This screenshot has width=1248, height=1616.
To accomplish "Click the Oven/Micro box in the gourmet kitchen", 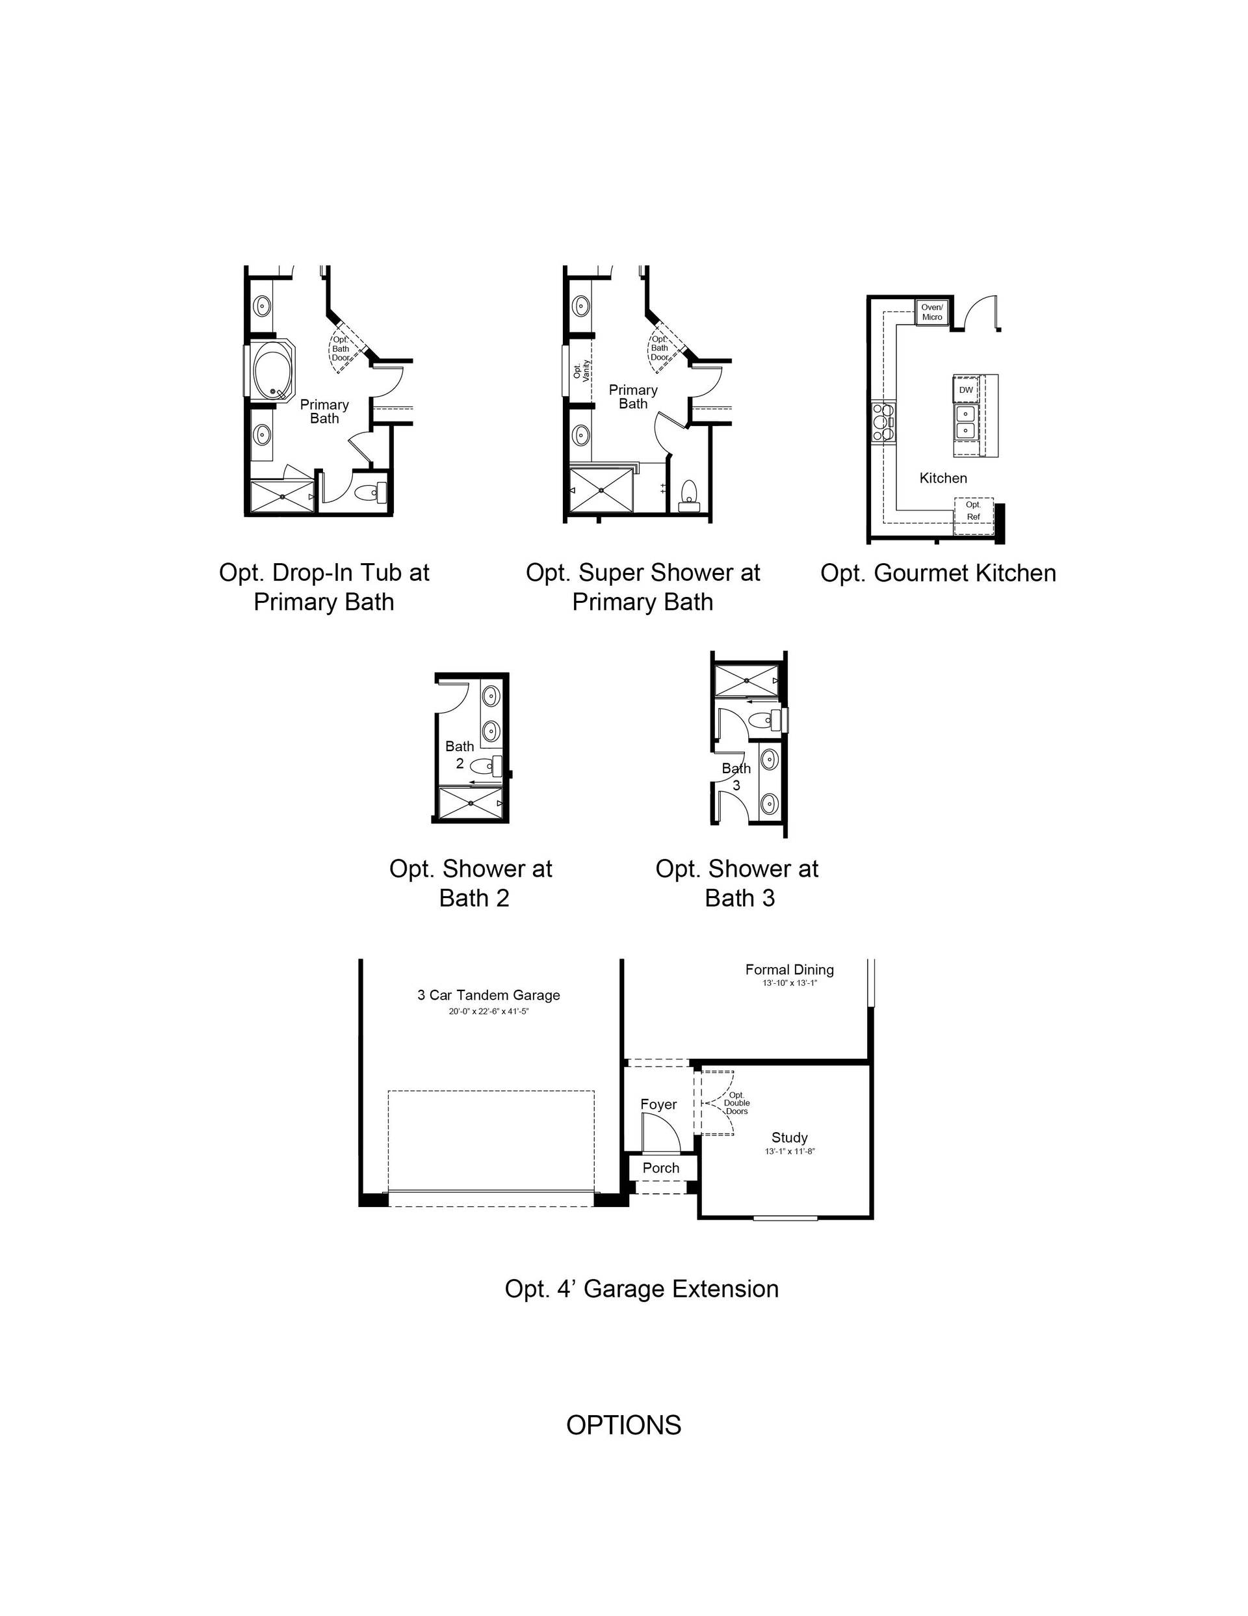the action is [931, 311].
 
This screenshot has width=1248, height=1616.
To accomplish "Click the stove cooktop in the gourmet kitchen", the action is [883, 422].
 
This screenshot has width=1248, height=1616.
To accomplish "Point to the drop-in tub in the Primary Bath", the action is [273, 371].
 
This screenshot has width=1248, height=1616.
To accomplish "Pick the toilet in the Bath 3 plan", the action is [765, 719].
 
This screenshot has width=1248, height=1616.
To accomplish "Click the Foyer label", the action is [658, 1105].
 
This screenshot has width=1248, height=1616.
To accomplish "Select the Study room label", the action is [789, 1138].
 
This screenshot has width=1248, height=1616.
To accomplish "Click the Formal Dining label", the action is [789, 970].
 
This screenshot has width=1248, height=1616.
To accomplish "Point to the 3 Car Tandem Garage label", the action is [488, 995].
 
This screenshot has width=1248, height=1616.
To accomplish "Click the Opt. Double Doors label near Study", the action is [737, 1103].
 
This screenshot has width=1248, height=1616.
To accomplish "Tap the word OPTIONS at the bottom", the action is [623, 1425].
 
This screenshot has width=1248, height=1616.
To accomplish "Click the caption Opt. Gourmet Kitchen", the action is [938, 573].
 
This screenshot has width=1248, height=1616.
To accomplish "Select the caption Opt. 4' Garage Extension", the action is [642, 1289].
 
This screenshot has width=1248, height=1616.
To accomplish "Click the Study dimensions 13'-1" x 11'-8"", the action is [789, 1151].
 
